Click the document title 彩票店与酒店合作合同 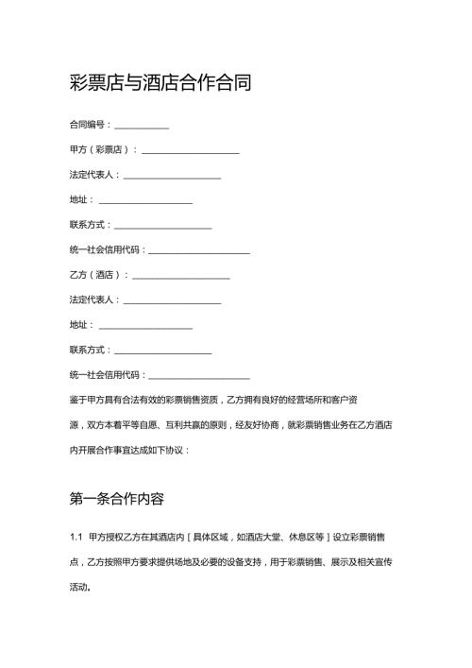pyautogui.click(x=160, y=83)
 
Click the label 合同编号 pyautogui.click(x=89, y=125)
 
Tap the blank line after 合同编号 pyautogui.click(x=142, y=126)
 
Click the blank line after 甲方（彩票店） pyautogui.click(x=190, y=150)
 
